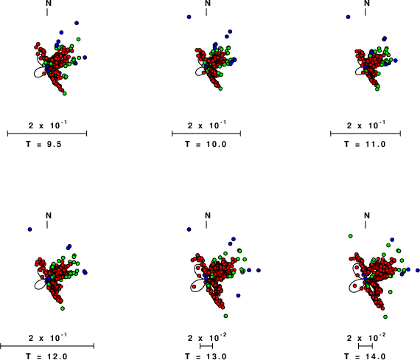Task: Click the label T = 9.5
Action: pyautogui.click(x=43, y=145)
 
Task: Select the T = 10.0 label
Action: pyautogui.click(x=206, y=145)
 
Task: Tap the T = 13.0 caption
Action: pyautogui.click(x=206, y=356)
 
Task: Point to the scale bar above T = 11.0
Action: pyautogui.click(x=365, y=134)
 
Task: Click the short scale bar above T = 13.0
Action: pyautogui.click(x=206, y=346)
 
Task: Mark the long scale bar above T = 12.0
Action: pyautogui.click(x=47, y=346)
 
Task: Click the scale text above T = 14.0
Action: pyautogui.click(x=367, y=337)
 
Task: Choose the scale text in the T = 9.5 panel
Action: pyautogui.click(x=47, y=125)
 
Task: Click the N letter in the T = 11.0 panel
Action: pyautogui.click(x=367, y=3)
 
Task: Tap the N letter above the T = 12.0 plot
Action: pyautogui.click(x=49, y=215)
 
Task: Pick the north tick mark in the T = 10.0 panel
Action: pyautogui.click(x=206, y=12)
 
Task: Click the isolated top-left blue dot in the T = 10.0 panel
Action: pyautogui.click(x=189, y=17)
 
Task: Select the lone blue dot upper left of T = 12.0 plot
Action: pyautogui.click(x=29, y=229)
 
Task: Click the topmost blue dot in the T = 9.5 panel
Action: pyautogui.click(x=77, y=23)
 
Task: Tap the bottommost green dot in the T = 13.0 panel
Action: pyautogui.click(x=225, y=316)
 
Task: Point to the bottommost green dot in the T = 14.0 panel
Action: pyautogui.click(x=385, y=316)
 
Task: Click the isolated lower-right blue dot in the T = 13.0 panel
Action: pyautogui.click(x=238, y=296)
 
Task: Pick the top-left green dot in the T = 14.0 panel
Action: pyautogui.click(x=350, y=236)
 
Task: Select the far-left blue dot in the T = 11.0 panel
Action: pyautogui.click(x=348, y=17)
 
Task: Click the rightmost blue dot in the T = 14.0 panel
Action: pyautogui.click(x=418, y=271)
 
